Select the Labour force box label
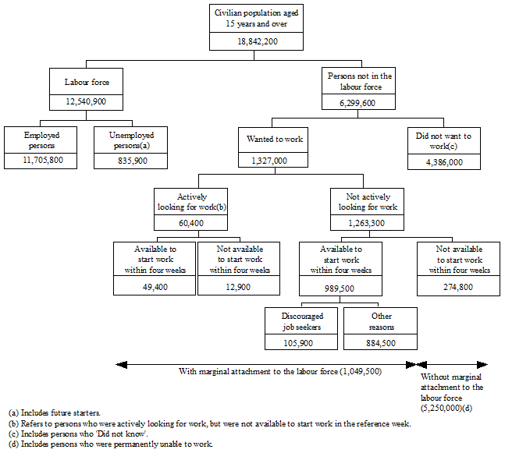(x=87, y=81)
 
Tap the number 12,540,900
(x=87, y=101)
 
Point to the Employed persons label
(x=41, y=140)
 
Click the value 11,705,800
(x=41, y=161)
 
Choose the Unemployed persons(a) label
(x=131, y=140)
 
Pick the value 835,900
(x=131, y=161)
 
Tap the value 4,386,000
(x=445, y=161)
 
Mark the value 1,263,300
(x=367, y=223)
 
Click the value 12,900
(x=240, y=286)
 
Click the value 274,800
(x=459, y=286)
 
